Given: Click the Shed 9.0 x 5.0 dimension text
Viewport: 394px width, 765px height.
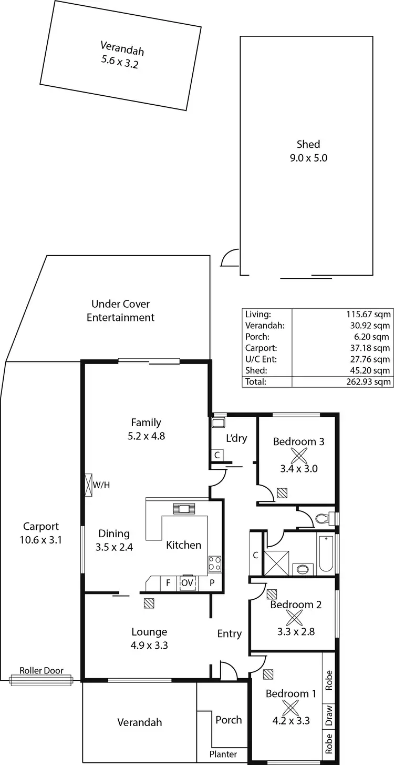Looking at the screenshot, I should [308, 157].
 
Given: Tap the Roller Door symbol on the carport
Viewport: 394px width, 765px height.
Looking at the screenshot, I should [41, 680].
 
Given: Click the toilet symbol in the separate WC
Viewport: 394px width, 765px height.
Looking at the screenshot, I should [322, 519].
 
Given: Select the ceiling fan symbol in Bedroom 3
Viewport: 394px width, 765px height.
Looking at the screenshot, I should [298, 456].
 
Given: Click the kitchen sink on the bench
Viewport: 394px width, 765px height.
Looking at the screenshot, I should [184, 508].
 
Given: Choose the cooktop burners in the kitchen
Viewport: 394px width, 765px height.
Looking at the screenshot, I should [214, 563].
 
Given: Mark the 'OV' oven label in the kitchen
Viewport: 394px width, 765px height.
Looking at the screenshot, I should [187, 583].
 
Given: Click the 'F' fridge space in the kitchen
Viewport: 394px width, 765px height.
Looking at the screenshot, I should [168, 583].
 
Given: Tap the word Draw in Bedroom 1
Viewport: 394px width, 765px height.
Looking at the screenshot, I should [329, 715].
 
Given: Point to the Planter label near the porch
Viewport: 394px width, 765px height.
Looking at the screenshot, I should [224, 754].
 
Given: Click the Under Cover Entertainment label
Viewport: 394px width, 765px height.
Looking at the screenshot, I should [120, 310].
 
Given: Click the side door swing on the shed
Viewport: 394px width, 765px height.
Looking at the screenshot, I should [230, 259].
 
